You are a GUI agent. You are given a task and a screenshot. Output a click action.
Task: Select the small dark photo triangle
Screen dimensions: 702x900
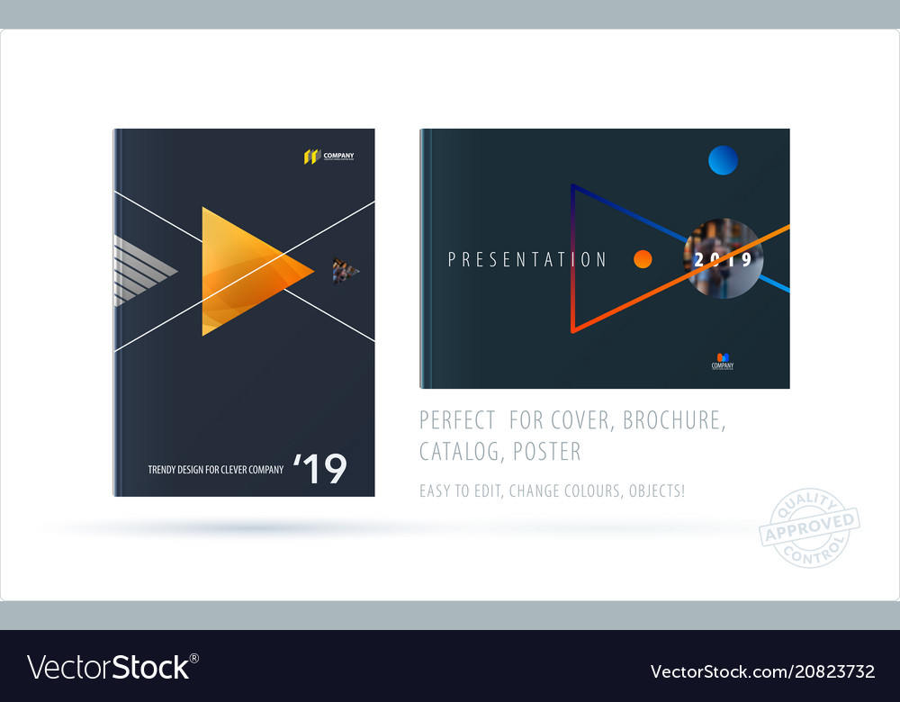344,270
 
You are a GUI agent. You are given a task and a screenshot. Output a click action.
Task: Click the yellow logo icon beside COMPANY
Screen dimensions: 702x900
312,157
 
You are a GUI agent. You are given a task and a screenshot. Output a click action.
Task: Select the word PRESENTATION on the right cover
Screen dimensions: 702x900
527,260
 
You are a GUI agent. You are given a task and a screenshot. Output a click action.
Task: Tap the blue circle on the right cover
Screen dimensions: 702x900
723,160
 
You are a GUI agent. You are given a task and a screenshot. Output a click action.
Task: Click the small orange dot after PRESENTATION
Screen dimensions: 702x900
642,259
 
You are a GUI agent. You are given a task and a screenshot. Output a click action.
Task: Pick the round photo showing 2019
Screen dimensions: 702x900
724,258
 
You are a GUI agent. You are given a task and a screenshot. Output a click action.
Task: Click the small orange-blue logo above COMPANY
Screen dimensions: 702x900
722,356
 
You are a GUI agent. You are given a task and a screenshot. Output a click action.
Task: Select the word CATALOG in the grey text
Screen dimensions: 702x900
460,450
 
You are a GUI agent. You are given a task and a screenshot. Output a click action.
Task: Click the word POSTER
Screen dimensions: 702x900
547,450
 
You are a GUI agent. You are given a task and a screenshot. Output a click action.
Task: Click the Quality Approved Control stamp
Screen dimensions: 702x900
809,526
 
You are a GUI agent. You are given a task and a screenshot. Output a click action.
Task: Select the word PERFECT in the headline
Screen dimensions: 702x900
457,419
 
